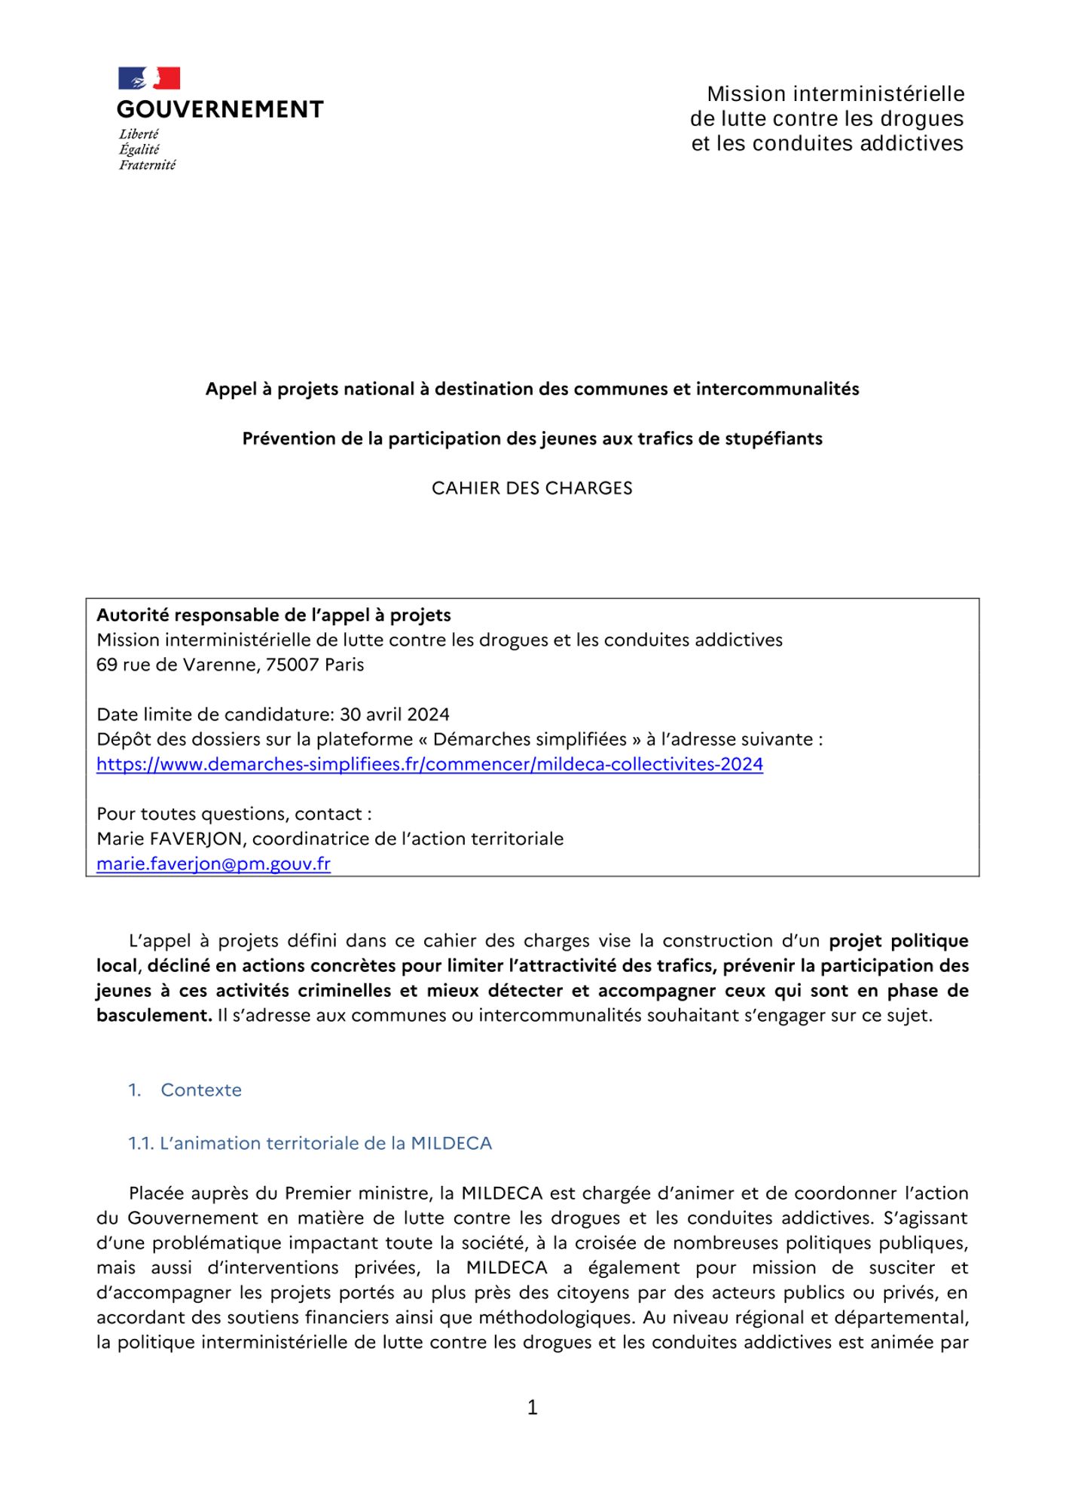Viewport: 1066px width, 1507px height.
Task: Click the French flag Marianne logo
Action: point(149,78)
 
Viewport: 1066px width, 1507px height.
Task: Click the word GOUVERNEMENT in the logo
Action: point(220,110)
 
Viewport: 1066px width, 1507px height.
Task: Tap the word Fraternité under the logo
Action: point(147,165)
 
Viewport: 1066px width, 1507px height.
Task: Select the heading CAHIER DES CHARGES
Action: point(532,488)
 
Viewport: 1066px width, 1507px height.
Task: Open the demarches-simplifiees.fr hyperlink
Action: point(429,764)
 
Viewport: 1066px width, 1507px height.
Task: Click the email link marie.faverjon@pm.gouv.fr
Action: point(213,864)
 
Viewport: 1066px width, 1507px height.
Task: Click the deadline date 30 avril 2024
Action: point(394,714)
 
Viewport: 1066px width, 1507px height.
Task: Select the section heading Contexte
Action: point(201,1090)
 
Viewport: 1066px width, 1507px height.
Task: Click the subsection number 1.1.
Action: point(141,1143)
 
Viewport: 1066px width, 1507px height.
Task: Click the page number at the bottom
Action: point(533,1407)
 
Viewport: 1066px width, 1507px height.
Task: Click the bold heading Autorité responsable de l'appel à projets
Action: point(273,615)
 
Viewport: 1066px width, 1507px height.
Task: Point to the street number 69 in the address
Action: point(106,665)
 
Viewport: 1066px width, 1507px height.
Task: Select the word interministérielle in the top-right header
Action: point(879,94)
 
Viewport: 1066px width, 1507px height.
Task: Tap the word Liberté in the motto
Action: point(139,134)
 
